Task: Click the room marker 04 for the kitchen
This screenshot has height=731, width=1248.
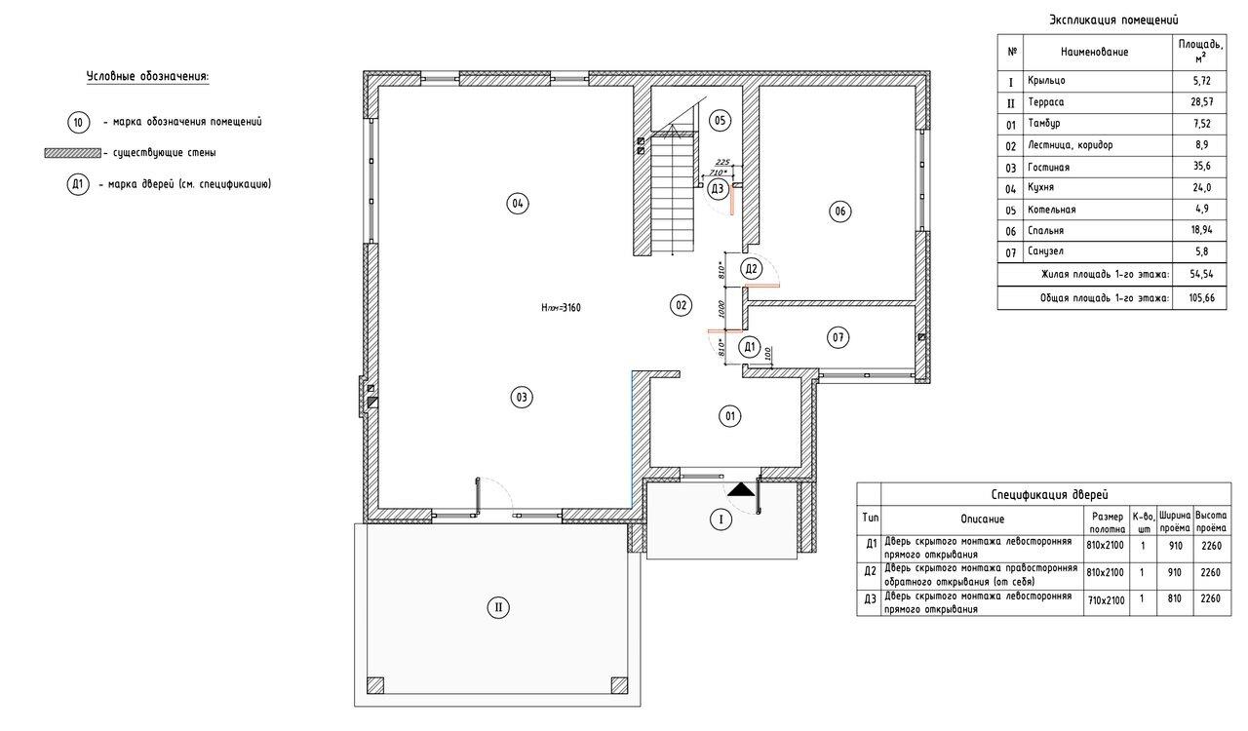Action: pyautogui.click(x=518, y=204)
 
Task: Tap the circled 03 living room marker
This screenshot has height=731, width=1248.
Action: pyautogui.click(x=522, y=398)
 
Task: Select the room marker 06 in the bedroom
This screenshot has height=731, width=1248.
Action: pyautogui.click(x=839, y=212)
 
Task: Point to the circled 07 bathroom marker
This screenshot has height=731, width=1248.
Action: pyautogui.click(x=838, y=337)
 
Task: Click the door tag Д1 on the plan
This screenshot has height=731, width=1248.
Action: pyautogui.click(x=750, y=347)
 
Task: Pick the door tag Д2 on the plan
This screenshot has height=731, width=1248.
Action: pyautogui.click(x=751, y=269)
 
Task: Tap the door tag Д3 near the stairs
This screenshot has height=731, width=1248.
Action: pyautogui.click(x=718, y=189)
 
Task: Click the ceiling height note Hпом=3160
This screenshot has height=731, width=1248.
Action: pyautogui.click(x=561, y=308)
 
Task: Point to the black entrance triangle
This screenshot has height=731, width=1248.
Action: pyautogui.click(x=741, y=489)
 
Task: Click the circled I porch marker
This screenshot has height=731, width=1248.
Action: pyautogui.click(x=721, y=519)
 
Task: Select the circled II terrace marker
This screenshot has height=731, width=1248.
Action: pyautogui.click(x=498, y=607)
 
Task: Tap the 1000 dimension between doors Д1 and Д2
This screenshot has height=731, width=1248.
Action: pyautogui.click(x=721, y=309)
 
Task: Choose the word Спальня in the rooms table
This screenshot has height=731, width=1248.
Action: pyautogui.click(x=1046, y=230)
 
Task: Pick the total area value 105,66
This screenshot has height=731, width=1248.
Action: pyautogui.click(x=1202, y=297)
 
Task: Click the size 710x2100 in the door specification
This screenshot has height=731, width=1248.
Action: pyautogui.click(x=1106, y=600)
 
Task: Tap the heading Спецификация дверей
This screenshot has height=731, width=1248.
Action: pyautogui.click(x=1050, y=494)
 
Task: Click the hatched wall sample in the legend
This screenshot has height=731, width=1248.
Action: pyautogui.click(x=73, y=153)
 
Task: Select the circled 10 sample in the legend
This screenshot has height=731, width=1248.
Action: pyautogui.click(x=79, y=123)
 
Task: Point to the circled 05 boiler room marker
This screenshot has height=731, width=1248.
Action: pyautogui.click(x=720, y=120)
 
